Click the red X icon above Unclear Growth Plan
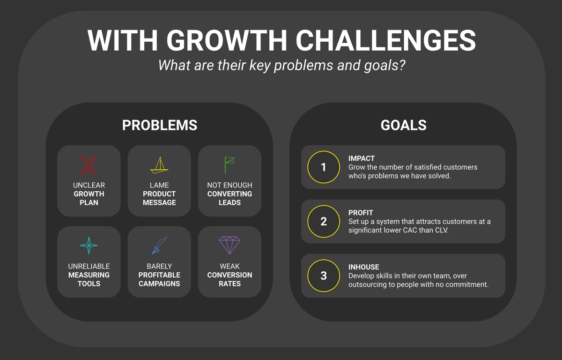pyautogui.click(x=89, y=165)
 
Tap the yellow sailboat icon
pyautogui.click(x=159, y=165)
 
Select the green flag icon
pyautogui.click(x=229, y=165)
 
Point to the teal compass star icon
pyautogui.click(x=89, y=245)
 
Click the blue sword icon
pyautogui.click(x=159, y=245)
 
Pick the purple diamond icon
pyautogui.click(x=229, y=245)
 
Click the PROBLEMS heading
pyautogui.click(x=160, y=125)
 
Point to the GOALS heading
pyautogui.click(x=403, y=125)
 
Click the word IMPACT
pyautogui.click(x=361, y=158)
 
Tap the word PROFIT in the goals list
pyautogui.click(x=361, y=213)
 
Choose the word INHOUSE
pyautogui.click(x=363, y=267)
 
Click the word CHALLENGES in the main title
pyautogui.click(x=385, y=40)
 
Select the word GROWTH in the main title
pyautogui.click(x=227, y=40)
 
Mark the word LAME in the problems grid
pyautogui.click(x=159, y=185)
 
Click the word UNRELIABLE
pyautogui.click(x=89, y=266)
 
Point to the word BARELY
pyautogui.click(x=159, y=266)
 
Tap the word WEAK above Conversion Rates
pyautogui.click(x=229, y=266)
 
